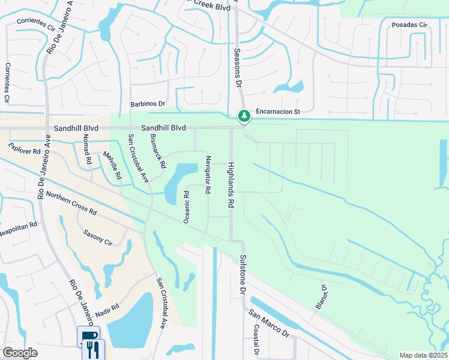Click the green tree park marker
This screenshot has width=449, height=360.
244,115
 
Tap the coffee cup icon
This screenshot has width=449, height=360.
88,337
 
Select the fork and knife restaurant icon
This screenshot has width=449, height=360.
94,349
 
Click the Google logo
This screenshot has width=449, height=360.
20,353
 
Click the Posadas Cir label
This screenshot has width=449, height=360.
408,25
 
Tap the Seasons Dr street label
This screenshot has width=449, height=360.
237,68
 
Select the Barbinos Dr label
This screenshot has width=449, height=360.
148,104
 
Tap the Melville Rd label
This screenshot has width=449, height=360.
112,166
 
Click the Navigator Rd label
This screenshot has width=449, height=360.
208,175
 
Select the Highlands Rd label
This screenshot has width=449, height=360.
230,185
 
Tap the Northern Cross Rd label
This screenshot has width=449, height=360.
71,204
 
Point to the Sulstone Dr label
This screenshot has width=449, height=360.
243,274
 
